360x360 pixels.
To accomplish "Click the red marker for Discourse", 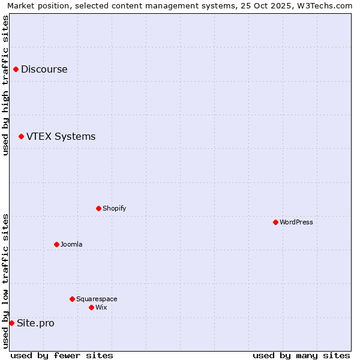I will point(16,69).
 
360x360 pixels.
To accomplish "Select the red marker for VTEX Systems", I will point(21,137).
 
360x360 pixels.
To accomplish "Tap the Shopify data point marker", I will point(98,208).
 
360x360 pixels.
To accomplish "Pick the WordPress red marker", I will point(275,222).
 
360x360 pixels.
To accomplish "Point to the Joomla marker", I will point(56,244).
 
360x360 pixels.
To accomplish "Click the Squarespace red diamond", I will point(72,299).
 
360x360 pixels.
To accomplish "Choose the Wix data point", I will point(91,307).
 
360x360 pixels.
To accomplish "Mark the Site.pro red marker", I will point(11,323).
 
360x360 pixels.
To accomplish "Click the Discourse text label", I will point(44,69).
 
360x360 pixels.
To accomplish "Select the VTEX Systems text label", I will point(61,137).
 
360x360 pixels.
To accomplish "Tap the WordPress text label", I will point(296,222).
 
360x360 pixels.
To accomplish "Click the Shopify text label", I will point(114,208).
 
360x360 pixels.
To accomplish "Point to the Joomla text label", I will point(71,244).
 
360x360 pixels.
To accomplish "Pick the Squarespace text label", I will point(97,299).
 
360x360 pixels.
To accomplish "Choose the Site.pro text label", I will point(35,323).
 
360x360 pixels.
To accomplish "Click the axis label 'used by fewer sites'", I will point(62,355).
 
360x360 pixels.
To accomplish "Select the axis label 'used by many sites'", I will point(301,355).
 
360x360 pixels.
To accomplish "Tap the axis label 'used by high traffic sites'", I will point(5,85).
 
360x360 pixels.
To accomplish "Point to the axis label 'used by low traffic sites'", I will point(5,281).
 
